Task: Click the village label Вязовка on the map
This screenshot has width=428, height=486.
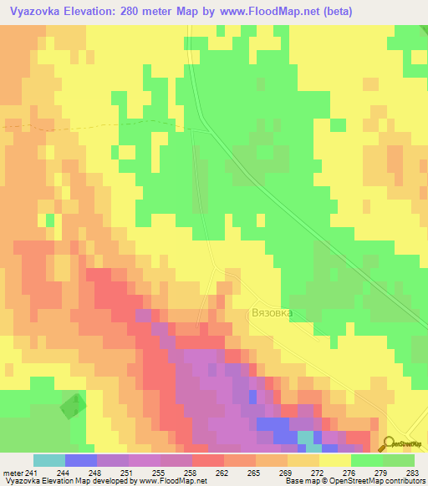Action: (273, 314)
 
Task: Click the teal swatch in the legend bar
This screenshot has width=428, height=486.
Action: (48, 460)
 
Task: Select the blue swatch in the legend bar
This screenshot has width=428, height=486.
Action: (80, 460)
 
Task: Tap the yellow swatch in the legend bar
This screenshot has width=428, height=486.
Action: (334, 460)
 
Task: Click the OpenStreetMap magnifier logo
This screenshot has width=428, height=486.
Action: (388, 444)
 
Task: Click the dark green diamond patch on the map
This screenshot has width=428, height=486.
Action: (73, 407)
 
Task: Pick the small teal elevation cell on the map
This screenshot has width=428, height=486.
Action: (306, 438)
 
